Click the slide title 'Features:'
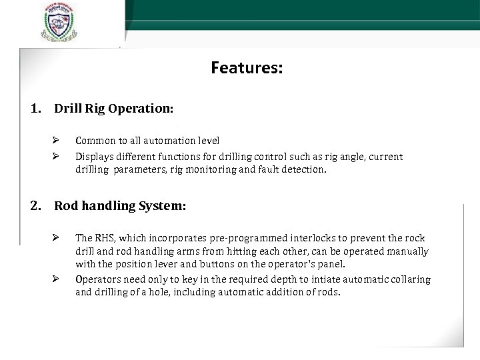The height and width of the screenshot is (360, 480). pos(247,68)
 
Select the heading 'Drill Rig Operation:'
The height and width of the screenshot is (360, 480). pos(114,108)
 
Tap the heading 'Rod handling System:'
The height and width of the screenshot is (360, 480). pos(120,206)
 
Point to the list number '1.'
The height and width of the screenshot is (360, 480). pos(37,108)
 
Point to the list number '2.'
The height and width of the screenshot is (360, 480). pos(37,206)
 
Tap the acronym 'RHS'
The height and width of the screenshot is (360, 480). pos(105,238)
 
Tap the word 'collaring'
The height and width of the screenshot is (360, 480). pos(408,279)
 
